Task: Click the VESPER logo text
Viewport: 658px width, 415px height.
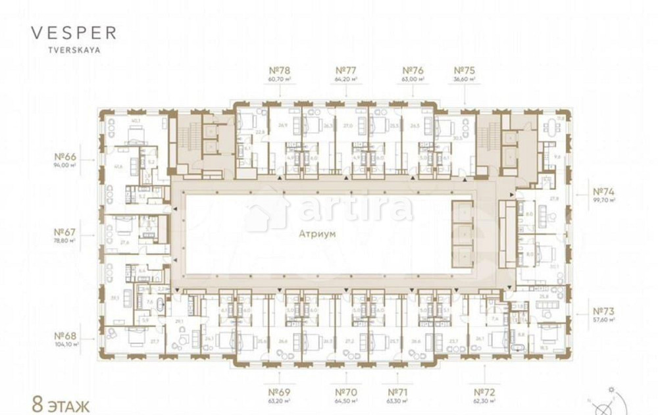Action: (74, 33)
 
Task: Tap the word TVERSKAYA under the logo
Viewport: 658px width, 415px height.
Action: (73, 49)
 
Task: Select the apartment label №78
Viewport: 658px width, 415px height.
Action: (280, 70)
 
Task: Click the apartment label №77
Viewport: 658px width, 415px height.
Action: (346, 70)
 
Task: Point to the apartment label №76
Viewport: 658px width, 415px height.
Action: (413, 70)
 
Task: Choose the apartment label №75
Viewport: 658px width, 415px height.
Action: (465, 70)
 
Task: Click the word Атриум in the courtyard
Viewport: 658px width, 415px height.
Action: (317, 233)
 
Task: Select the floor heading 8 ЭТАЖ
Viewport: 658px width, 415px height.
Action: (61, 403)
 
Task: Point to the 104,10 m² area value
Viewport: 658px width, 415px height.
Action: (67, 344)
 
